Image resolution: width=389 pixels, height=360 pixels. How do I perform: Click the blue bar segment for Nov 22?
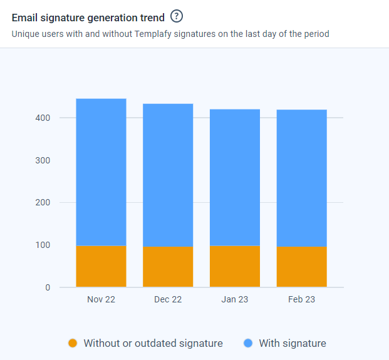click(101, 172)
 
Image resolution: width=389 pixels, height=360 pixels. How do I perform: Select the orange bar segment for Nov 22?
click(101, 267)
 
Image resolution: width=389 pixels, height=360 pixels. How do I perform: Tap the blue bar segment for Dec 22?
click(168, 175)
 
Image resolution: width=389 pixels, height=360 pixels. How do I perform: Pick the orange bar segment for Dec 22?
click(168, 267)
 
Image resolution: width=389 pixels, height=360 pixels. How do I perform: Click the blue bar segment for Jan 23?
click(235, 178)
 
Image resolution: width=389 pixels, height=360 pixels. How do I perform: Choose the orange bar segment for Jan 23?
click(235, 267)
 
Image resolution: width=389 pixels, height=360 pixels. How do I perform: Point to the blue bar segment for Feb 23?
click(302, 178)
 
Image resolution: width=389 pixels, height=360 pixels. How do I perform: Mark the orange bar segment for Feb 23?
click(302, 267)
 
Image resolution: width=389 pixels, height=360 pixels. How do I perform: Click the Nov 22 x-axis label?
click(101, 300)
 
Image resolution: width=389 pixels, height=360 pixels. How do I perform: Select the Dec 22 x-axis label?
click(168, 300)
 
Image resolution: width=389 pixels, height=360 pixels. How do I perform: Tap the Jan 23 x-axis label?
click(235, 300)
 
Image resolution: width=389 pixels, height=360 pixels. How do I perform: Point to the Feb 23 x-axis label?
click(302, 300)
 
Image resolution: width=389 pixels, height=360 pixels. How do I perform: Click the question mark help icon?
click(177, 17)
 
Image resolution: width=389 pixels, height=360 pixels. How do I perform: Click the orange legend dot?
click(73, 343)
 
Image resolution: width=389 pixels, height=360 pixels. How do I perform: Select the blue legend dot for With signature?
click(248, 343)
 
